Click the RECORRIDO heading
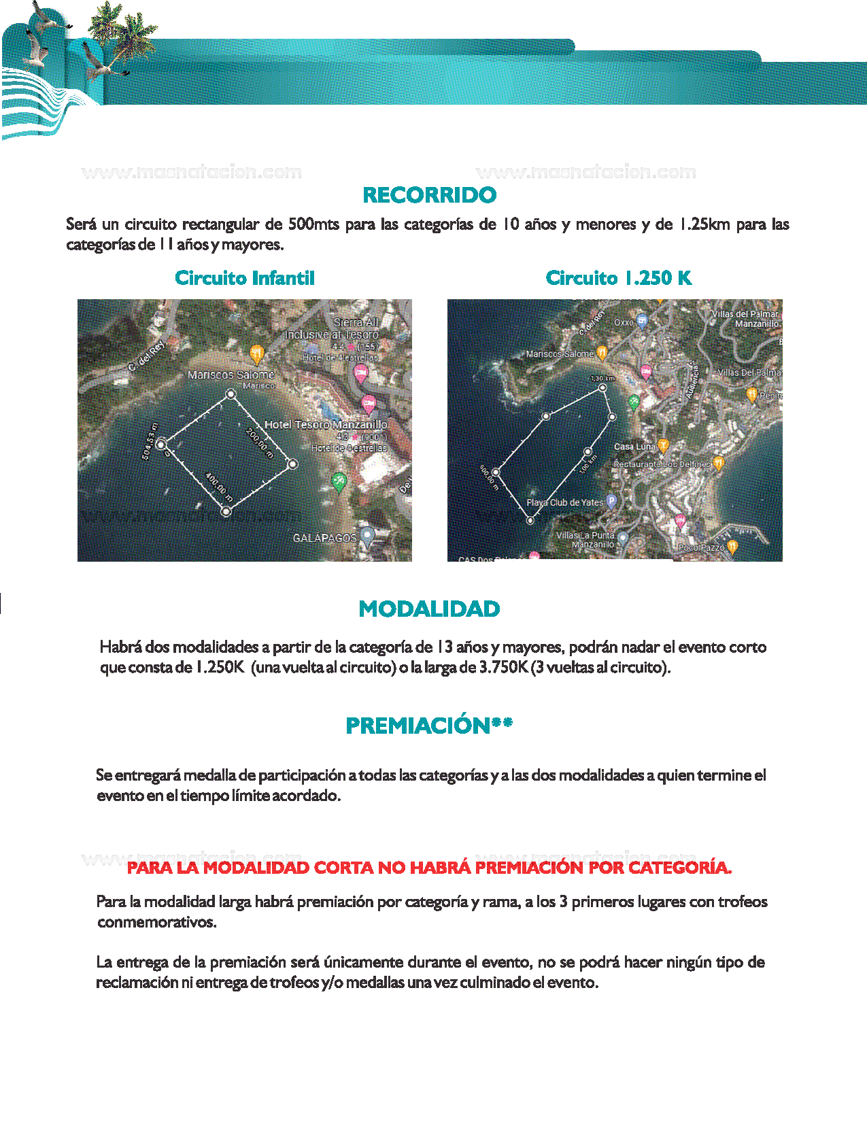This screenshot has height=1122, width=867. (429, 195)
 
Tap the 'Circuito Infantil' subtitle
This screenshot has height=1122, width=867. (245, 278)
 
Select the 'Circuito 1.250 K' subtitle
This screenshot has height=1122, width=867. (618, 278)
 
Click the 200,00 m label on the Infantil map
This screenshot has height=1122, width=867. (259, 443)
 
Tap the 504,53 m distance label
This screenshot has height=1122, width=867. (150, 441)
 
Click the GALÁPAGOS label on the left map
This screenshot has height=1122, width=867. (324, 538)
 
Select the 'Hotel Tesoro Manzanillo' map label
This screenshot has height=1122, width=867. (326, 425)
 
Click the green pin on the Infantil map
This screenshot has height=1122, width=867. (339, 481)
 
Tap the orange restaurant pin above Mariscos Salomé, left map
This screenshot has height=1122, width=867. (256, 353)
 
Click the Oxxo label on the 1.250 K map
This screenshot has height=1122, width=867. (624, 322)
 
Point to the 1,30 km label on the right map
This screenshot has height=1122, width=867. (602, 378)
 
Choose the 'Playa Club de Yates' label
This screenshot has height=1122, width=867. (564, 503)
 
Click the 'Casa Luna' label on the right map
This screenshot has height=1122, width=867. (634, 447)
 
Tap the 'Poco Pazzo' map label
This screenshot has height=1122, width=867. (701, 547)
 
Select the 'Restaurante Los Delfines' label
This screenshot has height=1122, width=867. (661, 464)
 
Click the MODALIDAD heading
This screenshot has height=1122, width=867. (429, 609)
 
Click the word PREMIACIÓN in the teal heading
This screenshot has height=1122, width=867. (418, 726)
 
